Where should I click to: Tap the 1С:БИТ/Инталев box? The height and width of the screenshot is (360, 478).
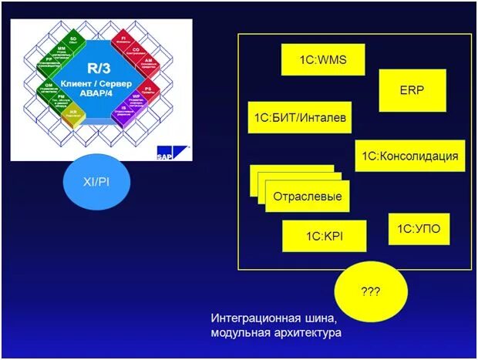pyautogui.click(x=298, y=118)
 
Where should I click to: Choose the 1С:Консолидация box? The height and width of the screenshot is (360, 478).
pyautogui.click(x=410, y=156)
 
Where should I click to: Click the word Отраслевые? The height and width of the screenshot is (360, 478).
pyautogui.click(x=308, y=196)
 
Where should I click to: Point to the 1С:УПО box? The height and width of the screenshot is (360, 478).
pyautogui.click(x=419, y=229)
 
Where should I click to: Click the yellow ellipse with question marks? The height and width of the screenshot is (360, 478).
pyautogui.click(x=371, y=293)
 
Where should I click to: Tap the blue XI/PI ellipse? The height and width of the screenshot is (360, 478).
pyautogui.click(x=96, y=182)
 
